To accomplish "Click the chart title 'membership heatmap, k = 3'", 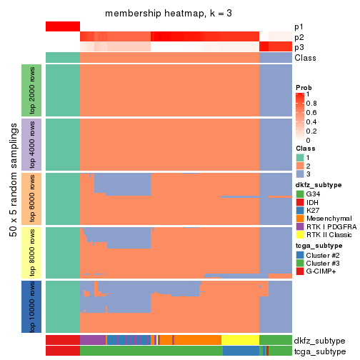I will [x=169, y=14].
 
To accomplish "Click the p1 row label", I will [x=299, y=26].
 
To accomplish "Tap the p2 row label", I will [x=299, y=36].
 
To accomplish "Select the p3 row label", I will [x=299, y=47].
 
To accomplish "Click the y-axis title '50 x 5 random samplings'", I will [x=12, y=198].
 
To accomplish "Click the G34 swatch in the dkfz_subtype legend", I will [x=300, y=194].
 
